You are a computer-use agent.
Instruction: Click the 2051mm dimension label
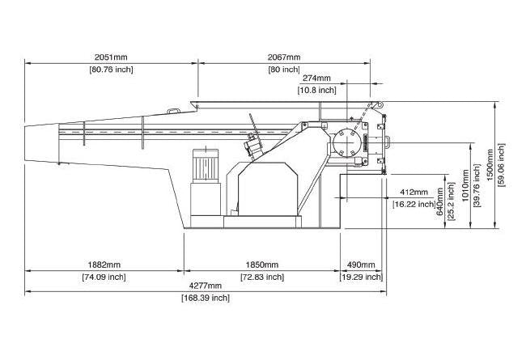click(x=111, y=57)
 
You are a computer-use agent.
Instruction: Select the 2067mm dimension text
click(x=283, y=57)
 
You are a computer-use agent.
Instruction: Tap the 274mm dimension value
click(x=316, y=78)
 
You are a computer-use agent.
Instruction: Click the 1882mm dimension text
click(x=104, y=265)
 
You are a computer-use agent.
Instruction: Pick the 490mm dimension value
click(x=361, y=265)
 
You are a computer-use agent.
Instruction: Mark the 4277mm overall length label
click(x=205, y=286)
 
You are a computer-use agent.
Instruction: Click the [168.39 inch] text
click(x=205, y=298)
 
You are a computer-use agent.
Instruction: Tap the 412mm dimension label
click(x=414, y=193)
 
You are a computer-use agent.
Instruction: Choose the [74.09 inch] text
click(x=104, y=277)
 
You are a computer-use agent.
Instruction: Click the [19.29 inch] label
click(x=361, y=277)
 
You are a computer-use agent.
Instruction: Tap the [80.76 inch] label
click(x=111, y=70)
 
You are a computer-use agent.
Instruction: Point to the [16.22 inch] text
click(x=414, y=205)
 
